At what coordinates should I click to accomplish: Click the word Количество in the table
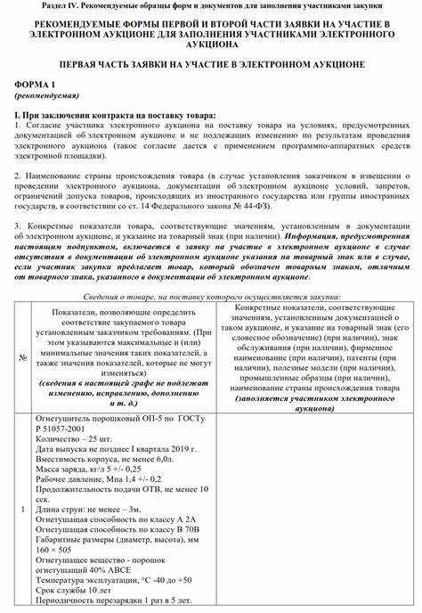[x=57, y=437]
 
